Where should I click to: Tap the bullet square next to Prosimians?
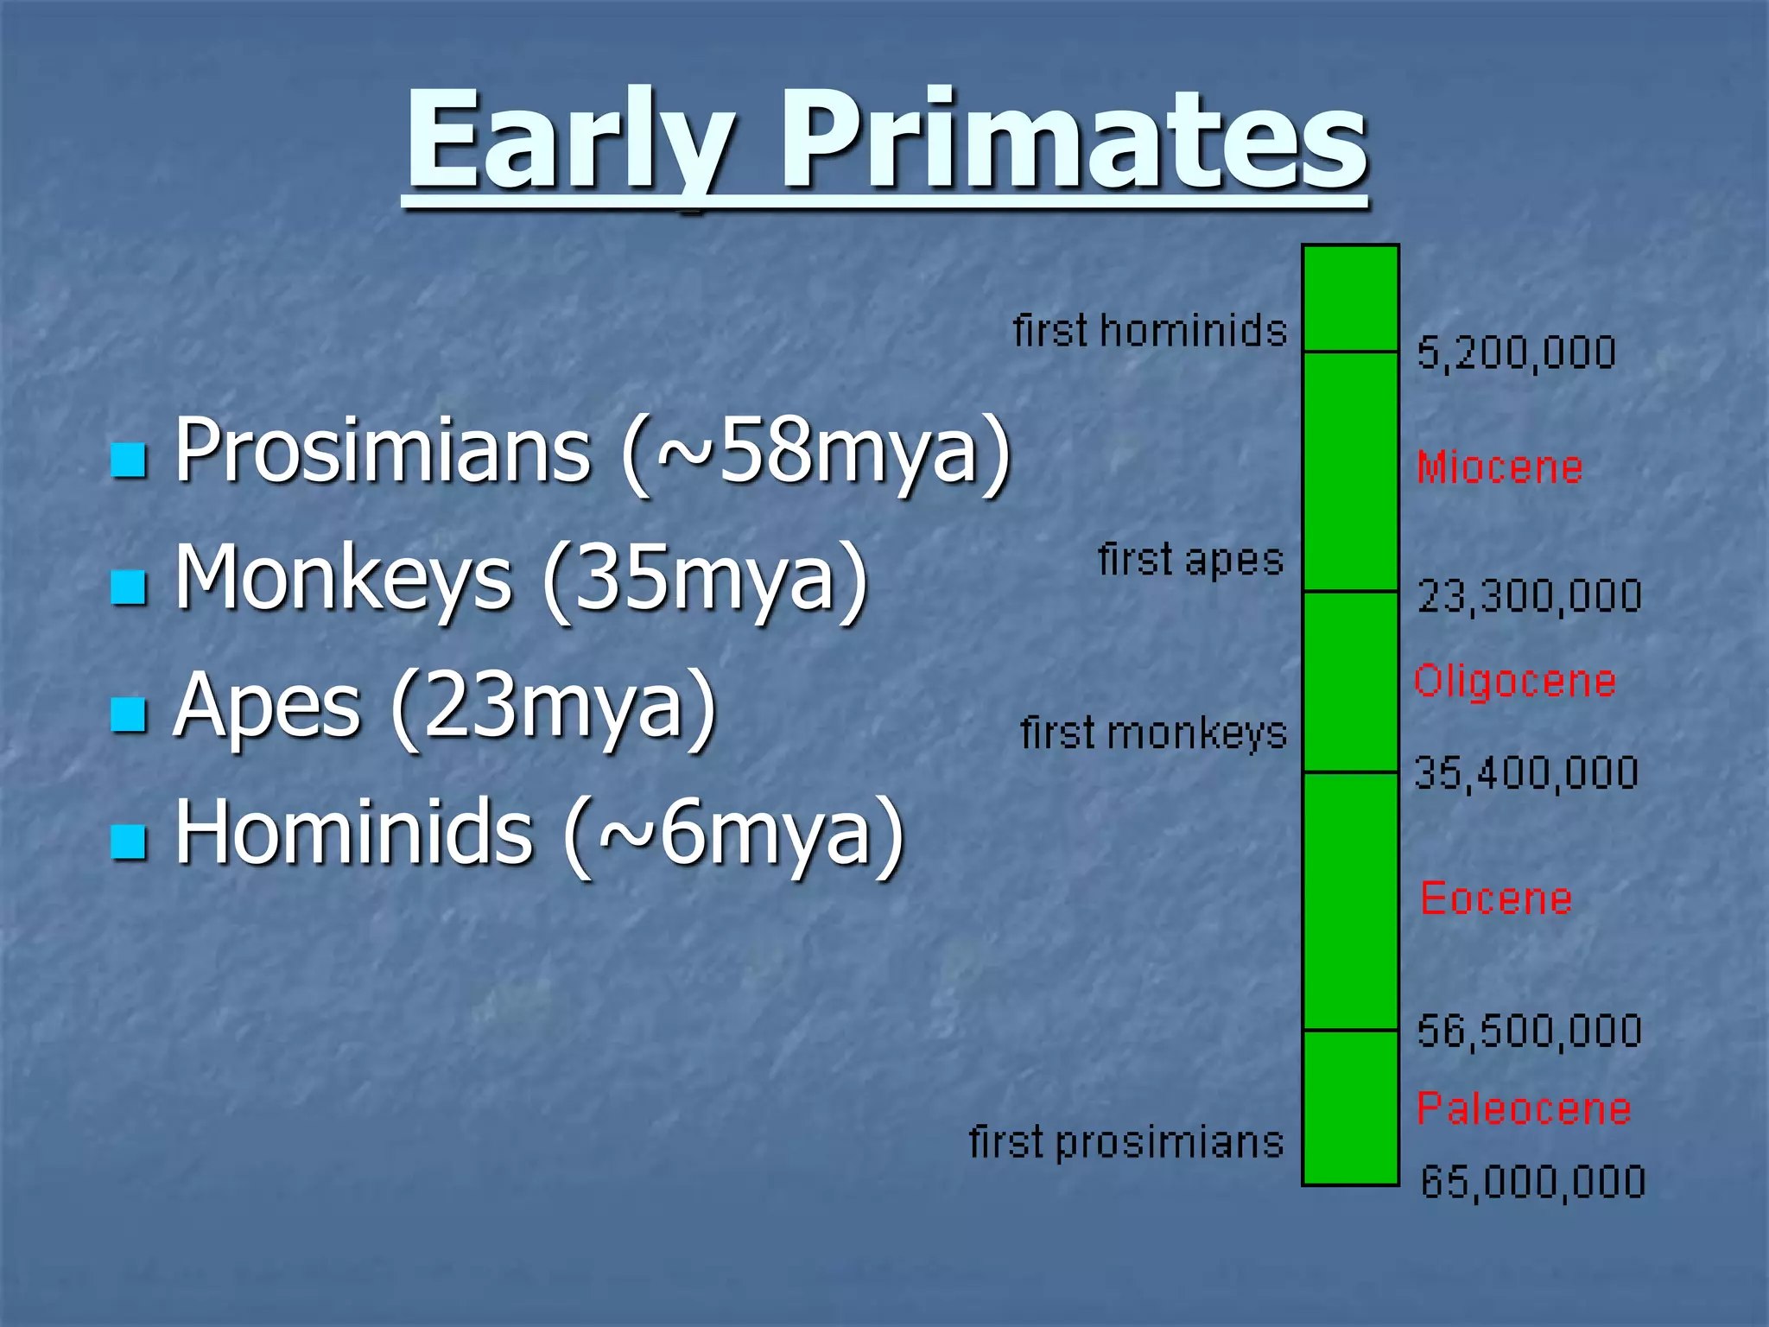(x=129, y=460)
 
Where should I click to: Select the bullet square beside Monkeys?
(x=129, y=587)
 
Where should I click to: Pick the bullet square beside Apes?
(x=129, y=714)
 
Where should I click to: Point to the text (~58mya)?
(x=816, y=451)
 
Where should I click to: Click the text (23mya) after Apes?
(x=554, y=707)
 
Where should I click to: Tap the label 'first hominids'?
(x=1150, y=332)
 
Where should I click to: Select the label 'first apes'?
(x=1190, y=560)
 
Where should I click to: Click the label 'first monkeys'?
(x=1153, y=733)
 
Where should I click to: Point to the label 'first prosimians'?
(x=1126, y=1142)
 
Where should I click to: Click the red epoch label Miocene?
(x=1500, y=468)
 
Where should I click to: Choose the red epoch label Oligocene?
(x=1515, y=682)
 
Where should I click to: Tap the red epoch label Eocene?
(x=1496, y=898)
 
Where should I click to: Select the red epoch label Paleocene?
(x=1524, y=1108)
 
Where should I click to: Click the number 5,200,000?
(x=1516, y=353)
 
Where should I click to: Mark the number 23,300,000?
(x=1529, y=597)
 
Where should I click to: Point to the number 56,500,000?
(x=1529, y=1032)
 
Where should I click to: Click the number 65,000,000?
(x=1533, y=1182)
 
